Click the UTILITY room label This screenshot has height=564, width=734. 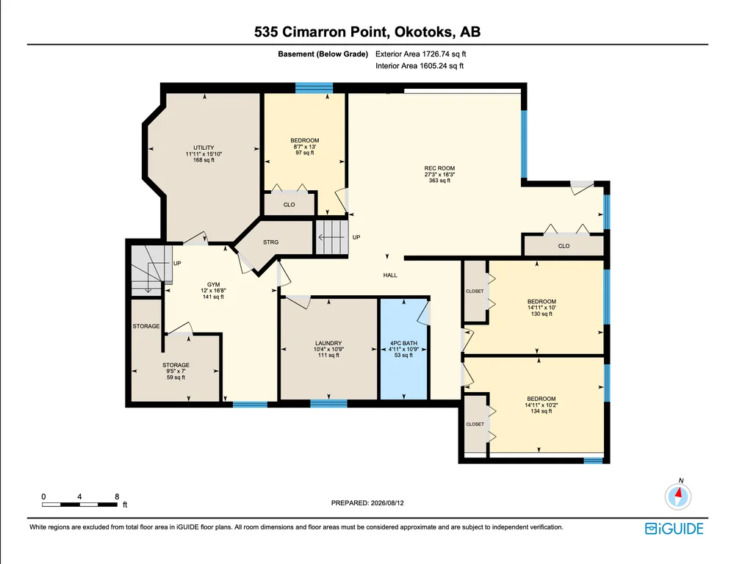pyautogui.click(x=204, y=148)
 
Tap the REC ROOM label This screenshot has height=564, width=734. pyautogui.click(x=439, y=168)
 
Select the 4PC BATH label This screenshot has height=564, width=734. pyautogui.click(x=403, y=343)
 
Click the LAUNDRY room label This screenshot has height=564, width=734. pyautogui.click(x=328, y=343)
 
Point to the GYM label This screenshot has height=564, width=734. pyautogui.click(x=214, y=285)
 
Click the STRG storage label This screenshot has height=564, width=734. pyautogui.click(x=270, y=242)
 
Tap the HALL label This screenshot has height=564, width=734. pyautogui.click(x=390, y=275)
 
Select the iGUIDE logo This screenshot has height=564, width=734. pyautogui.click(x=674, y=529)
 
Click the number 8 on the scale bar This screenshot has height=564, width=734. pyautogui.click(x=117, y=496)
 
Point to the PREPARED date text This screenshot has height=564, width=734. pyautogui.click(x=367, y=503)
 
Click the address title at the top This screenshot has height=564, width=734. pyautogui.click(x=367, y=32)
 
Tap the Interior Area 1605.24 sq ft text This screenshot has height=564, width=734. pyautogui.click(x=420, y=66)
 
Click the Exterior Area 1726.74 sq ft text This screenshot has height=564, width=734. pyautogui.click(x=420, y=54)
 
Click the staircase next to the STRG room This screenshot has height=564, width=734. pyautogui.click(x=332, y=237)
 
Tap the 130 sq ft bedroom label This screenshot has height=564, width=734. pyautogui.click(x=541, y=308)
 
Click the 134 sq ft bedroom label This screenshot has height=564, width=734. pyautogui.click(x=541, y=405)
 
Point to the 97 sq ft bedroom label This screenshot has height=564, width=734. pyautogui.click(x=305, y=146)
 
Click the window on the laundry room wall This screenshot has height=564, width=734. pyautogui.click(x=328, y=404)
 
